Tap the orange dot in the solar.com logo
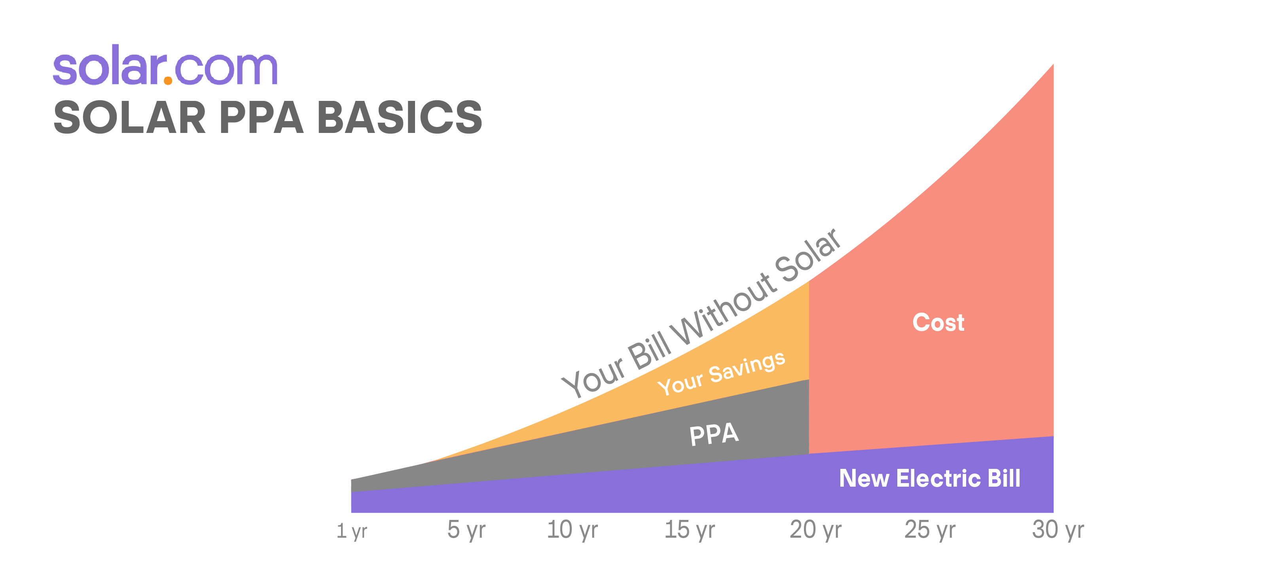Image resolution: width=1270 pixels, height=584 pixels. pyautogui.click(x=168, y=80)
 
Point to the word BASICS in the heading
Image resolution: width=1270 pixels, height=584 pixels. pyautogui.click(x=400, y=118)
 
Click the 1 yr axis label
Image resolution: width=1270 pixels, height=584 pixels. pyautogui.click(x=352, y=531)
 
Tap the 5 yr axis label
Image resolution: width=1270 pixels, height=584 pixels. pyautogui.click(x=466, y=530)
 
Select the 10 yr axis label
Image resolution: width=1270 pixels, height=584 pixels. pyautogui.click(x=572, y=530)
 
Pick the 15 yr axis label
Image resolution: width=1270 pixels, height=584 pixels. pyautogui.click(x=690, y=530)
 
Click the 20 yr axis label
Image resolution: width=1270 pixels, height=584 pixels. pyautogui.click(x=816, y=530)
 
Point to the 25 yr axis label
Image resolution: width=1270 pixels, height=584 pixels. pyautogui.click(x=930, y=530)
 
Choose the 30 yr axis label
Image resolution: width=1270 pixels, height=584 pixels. pyautogui.click(x=1058, y=530)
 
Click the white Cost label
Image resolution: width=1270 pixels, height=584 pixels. pyautogui.click(x=938, y=322)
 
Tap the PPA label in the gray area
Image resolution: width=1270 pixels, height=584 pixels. pyautogui.click(x=714, y=434)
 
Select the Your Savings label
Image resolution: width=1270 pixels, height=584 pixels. pyautogui.click(x=721, y=373)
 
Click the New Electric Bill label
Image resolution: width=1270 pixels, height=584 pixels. pyautogui.click(x=930, y=478)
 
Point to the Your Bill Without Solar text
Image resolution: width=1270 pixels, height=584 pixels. pyautogui.click(x=701, y=313)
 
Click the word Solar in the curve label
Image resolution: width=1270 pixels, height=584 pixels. pyautogui.click(x=807, y=256)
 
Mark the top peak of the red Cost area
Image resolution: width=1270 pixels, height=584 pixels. pyautogui.click(x=1053, y=64)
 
